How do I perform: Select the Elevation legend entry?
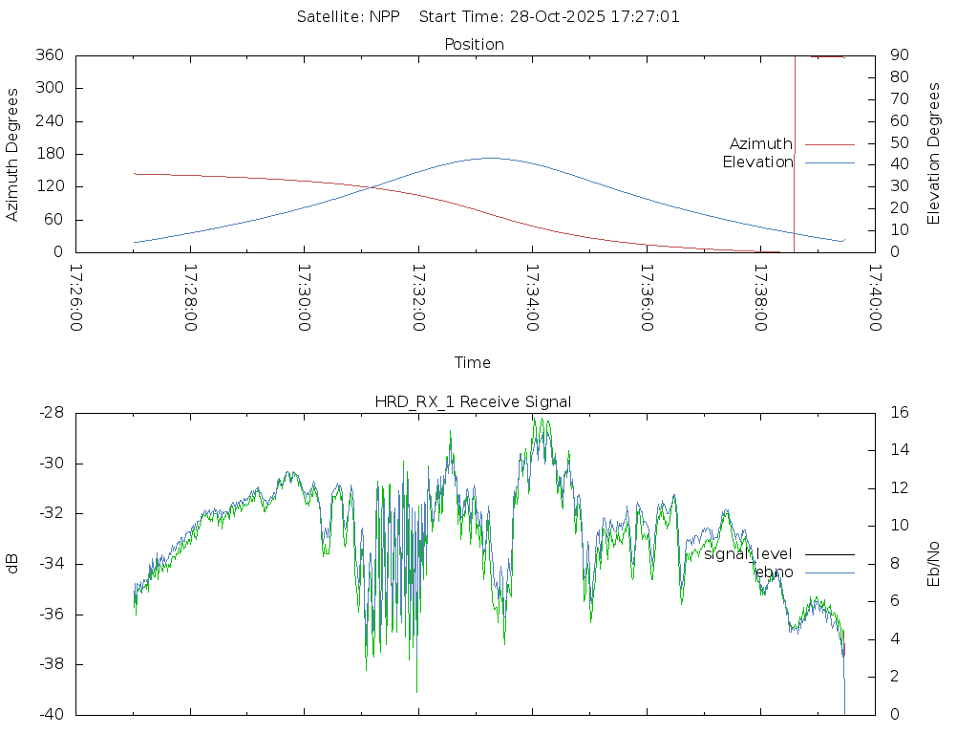coord(757,162)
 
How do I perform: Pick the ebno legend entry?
coord(774,572)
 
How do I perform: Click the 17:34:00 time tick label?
coord(532,297)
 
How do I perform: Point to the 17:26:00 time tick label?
coord(76,297)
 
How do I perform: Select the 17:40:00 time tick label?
coord(874,297)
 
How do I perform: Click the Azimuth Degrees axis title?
coord(13,154)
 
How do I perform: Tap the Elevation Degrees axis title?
coord(934,154)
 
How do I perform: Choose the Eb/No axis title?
coord(934,563)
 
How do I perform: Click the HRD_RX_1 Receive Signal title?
coord(473,401)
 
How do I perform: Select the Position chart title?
coord(474,44)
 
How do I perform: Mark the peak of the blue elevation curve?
coord(490,158)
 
